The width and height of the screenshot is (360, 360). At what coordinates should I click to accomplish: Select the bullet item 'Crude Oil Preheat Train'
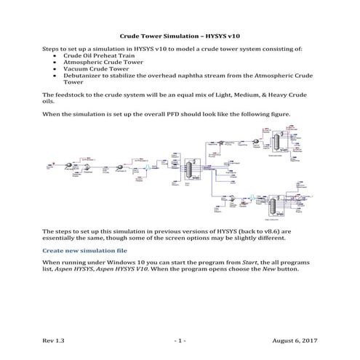pos(94,55)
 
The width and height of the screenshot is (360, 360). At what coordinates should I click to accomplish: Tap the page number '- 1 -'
pos(180,340)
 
